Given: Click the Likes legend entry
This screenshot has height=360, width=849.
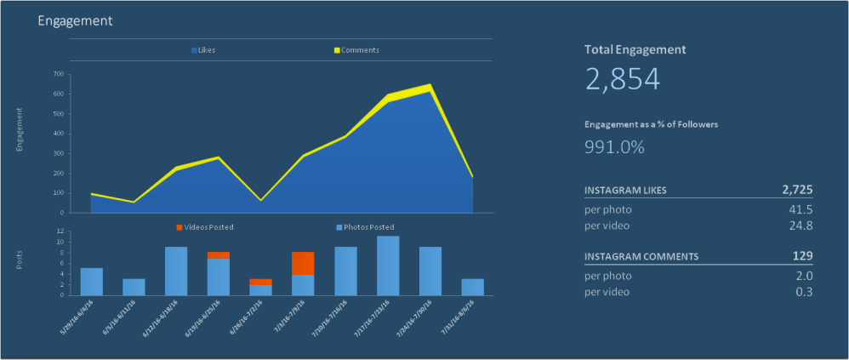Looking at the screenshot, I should point(203,50).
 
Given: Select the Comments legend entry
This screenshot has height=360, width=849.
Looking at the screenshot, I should point(356,50).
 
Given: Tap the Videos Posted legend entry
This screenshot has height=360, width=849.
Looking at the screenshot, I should point(205,227).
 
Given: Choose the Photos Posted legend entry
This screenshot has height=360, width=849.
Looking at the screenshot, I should point(365,227).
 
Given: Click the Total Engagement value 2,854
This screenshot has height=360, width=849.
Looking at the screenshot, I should point(623,79).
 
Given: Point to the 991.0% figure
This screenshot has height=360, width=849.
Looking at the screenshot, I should point(614,146).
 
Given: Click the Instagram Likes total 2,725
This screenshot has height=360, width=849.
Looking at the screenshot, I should point(796,189).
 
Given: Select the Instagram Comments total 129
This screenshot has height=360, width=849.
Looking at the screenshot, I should point(802,256).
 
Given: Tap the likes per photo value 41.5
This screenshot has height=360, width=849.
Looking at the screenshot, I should point(801,209).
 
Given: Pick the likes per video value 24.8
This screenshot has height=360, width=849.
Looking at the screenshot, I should point(801,226).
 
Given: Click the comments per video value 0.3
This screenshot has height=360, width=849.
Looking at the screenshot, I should point(804,292).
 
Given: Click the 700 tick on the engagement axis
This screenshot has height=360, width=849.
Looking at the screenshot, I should point(58,74).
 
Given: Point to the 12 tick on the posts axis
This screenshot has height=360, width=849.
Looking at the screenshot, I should point(60,231).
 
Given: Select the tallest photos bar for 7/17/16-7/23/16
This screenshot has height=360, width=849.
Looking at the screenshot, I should point(388,266).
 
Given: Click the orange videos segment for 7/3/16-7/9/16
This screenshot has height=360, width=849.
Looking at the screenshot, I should point(304,263).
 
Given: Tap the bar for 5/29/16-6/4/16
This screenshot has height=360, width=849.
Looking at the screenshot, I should point(92,282).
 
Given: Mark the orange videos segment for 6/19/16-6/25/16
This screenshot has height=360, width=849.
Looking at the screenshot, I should point(219,255).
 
